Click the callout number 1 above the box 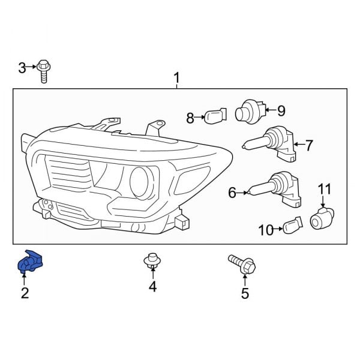(176, 78)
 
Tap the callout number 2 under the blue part (25, 293)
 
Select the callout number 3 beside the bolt (22, 67)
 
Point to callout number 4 (152, 287)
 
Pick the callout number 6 (232, 193)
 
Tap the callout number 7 (309, 145)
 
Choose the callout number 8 (190, 118)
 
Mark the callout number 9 (281, 110)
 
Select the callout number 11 (324, 190)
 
